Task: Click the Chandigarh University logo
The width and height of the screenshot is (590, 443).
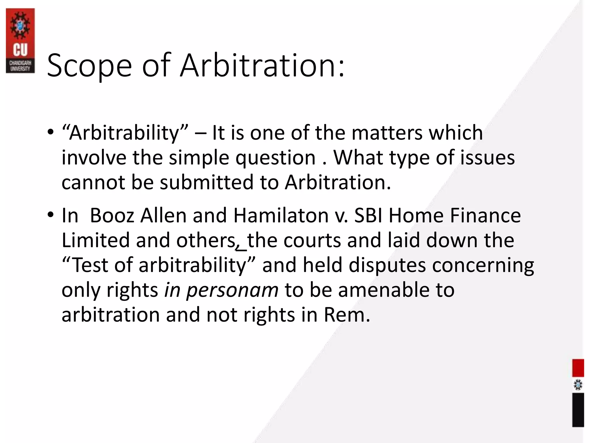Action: point(20,40)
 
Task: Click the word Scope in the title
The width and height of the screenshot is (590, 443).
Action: point(89,66)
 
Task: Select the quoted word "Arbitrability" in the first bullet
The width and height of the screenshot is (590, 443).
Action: point(125,133)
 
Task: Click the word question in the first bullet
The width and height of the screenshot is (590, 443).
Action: point(276,158)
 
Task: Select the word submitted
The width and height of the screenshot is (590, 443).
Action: point(207,183)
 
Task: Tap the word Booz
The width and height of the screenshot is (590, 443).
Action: point(112,215)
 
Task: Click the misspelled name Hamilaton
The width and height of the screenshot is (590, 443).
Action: point(281,215)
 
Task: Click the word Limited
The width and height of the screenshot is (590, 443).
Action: point(96,240)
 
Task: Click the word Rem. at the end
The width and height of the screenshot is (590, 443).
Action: point(347,315)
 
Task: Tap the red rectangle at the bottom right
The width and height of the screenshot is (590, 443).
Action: point(578,368)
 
